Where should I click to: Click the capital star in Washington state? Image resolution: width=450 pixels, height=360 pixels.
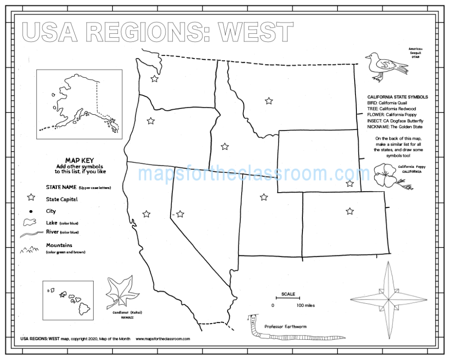tap(154, 79)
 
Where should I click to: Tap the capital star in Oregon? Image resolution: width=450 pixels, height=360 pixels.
tap(151, 120)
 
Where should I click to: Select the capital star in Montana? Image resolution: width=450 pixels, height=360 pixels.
tap(269, 101)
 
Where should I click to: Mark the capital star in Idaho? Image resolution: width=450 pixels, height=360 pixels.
tap(225, 146)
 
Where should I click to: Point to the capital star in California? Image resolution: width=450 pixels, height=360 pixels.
tap(146, 214)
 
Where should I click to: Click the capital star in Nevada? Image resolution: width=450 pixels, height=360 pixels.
tap(180, 214)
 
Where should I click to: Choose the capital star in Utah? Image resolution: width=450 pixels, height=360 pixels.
tap(264, 197)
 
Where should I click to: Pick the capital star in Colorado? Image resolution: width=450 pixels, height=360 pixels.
tap(349, 211)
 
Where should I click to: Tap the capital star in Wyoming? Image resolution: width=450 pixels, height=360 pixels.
tap(350, 183)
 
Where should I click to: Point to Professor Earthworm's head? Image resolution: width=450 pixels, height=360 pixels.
tap(252, 318)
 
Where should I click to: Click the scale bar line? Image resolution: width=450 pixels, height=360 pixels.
tap(288, 299)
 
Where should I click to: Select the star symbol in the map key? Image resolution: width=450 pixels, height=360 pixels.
tap(31, 199)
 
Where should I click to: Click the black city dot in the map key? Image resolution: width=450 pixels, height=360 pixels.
tap(31, 211)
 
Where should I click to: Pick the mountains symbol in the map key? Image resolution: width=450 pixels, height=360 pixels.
tap(29, 250)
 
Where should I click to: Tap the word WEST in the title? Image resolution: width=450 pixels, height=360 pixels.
tap(256, 32)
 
